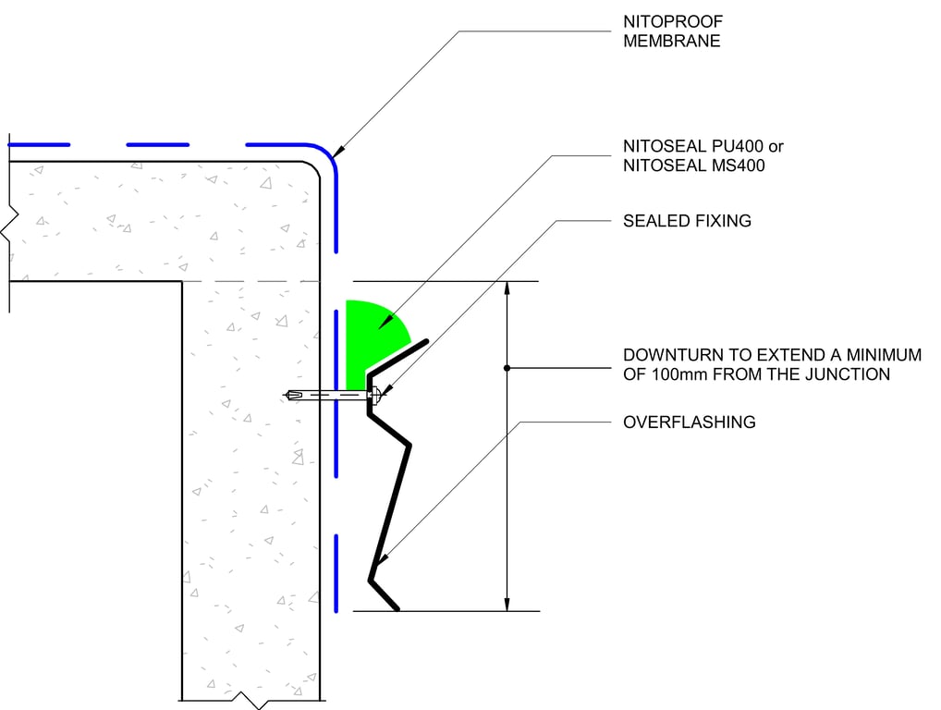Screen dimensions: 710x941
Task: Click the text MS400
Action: pos(736,165)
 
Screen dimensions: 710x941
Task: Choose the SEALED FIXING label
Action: pos(687,221)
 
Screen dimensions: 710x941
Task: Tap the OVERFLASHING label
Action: pos(690,422)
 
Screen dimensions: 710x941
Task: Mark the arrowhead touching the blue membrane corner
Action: pos(340,149)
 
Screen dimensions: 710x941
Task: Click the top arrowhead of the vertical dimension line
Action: pos(507,288)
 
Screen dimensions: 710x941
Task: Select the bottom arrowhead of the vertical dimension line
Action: pos(507,604)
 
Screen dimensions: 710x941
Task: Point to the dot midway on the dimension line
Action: pos(507,368)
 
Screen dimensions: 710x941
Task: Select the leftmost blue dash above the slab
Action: pos(39,144)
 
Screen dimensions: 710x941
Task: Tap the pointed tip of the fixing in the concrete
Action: pos(288,396)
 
